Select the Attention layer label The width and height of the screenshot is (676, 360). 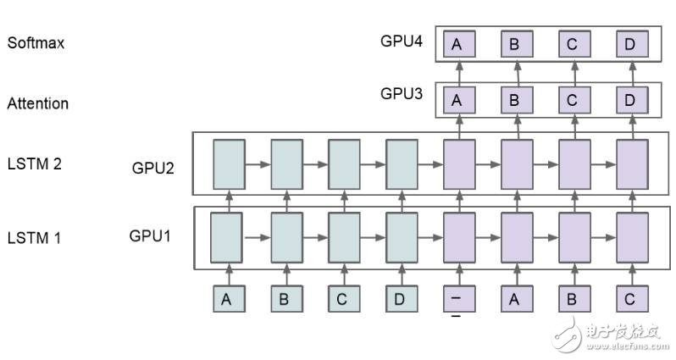point(37,103)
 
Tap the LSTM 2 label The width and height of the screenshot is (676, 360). point(33,163)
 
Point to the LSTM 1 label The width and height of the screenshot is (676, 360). point(33,237)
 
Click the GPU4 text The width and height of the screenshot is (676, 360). point(402,40)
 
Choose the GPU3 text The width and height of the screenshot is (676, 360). point(402,93)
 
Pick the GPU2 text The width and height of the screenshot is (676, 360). point(153,167)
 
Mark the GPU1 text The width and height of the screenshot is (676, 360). point(151,235)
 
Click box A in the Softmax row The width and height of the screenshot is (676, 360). point(457,45)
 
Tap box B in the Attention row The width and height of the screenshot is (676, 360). point(515,101)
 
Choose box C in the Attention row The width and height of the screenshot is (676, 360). point(573,101)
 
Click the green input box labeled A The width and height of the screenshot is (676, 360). point(226,298)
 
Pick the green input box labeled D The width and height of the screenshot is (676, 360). point(400,298)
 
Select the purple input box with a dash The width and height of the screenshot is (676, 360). point(457,298)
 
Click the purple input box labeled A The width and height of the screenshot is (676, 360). point(515,298)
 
